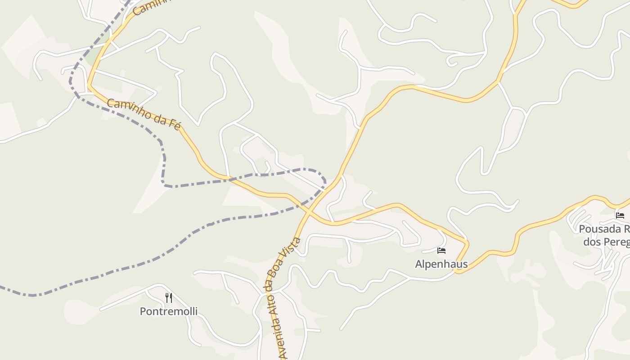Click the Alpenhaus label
441,264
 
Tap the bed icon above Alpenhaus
441,251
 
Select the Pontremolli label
168,311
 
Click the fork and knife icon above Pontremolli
168,297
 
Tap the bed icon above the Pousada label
620,216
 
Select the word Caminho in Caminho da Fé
128,109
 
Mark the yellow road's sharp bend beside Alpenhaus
466,243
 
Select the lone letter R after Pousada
626,229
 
